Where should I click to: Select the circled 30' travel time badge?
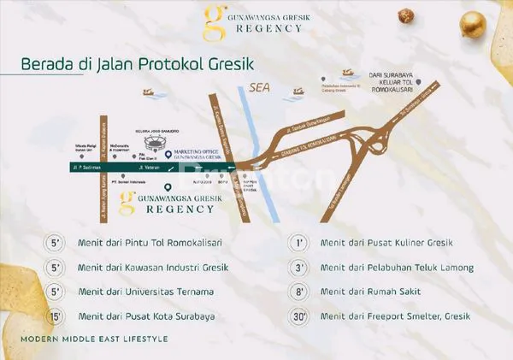pos(298,316)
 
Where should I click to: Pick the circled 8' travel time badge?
pos(298,292)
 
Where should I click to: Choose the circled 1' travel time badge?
pos(298,244)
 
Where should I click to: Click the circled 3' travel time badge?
pos(298,268)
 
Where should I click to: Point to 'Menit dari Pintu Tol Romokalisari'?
pos(144,244)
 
